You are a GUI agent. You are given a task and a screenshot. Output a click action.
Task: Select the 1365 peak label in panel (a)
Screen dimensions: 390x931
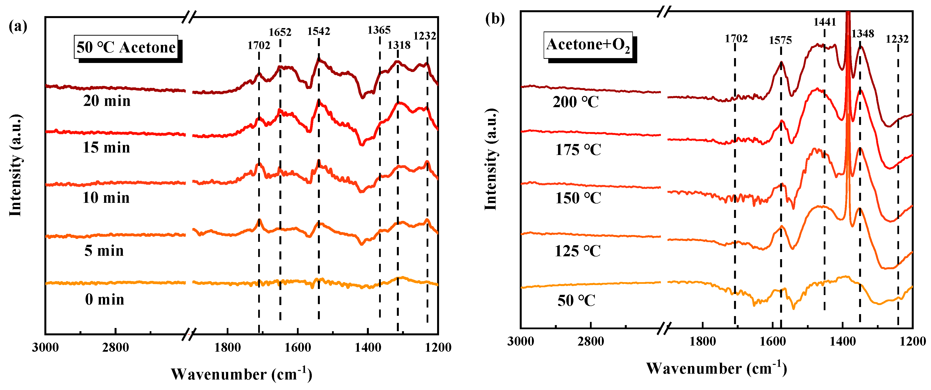coord(379,30)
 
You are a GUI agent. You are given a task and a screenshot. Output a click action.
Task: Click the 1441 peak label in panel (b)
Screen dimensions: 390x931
coord(824,22)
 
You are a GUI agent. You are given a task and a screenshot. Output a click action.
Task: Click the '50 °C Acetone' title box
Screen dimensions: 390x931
coord(126,47)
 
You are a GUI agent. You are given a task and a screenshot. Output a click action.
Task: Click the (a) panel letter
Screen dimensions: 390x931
coord(18,26)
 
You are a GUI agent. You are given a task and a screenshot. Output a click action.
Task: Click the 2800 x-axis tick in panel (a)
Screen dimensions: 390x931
coord(115,348)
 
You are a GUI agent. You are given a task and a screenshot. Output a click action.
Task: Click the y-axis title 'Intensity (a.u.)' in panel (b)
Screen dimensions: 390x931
coord(491,159)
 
